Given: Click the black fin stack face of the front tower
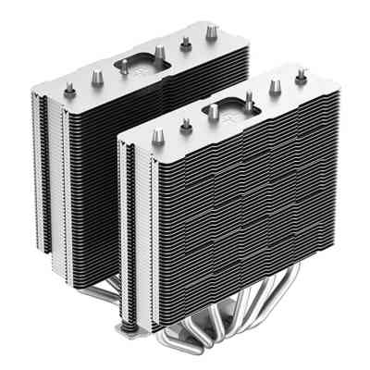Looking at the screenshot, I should coord(240,213).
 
